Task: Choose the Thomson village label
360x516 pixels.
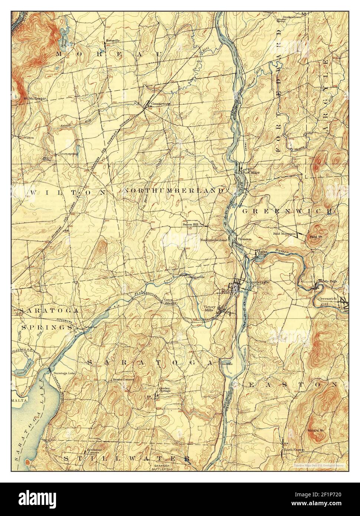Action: click(245, 239)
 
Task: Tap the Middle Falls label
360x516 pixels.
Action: click(328, 281)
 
